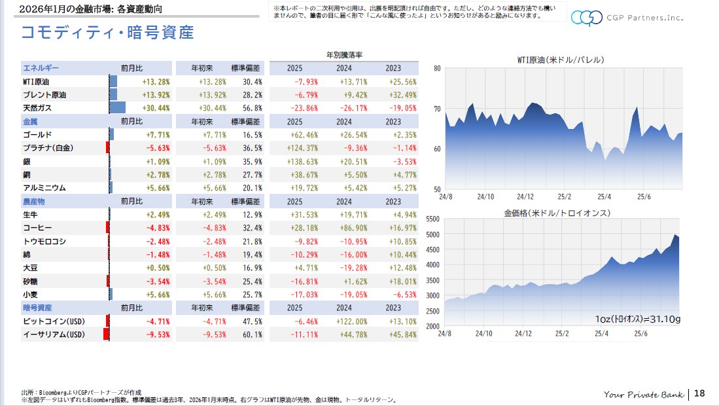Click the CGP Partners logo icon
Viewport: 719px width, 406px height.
coord(586,18)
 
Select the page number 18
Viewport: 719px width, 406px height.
coord(699,394)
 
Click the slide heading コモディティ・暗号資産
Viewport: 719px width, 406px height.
coord(107,32)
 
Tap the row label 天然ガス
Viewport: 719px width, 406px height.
coord(37,108)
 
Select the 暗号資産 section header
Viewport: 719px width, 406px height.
coord(37,308)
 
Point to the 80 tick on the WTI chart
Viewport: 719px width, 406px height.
coord(437,67)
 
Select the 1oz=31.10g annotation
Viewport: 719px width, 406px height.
coord(638,319)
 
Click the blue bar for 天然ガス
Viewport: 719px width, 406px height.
coord(117,108)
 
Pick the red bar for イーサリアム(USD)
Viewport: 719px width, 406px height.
coord(105,335)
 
